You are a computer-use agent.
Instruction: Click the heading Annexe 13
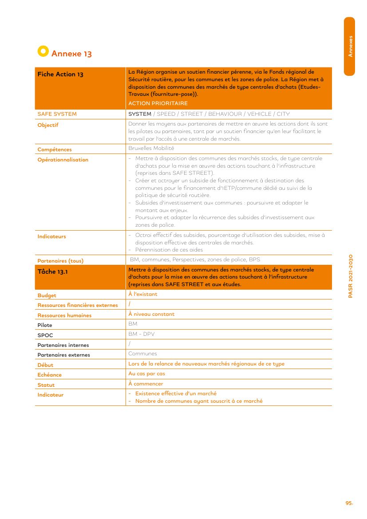71,54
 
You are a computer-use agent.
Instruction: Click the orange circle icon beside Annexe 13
43,51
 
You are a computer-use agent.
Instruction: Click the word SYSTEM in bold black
140,114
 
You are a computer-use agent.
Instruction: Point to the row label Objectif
48,125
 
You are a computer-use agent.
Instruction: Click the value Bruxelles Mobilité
151,148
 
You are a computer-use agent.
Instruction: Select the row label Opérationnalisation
63,160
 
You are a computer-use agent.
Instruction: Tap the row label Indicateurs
51,236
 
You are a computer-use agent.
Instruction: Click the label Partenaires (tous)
60,261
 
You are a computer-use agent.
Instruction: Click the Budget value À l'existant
142,294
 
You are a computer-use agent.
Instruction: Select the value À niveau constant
151,314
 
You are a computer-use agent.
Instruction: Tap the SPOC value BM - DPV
141,334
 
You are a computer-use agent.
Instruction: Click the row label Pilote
45,325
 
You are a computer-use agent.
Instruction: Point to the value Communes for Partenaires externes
142,354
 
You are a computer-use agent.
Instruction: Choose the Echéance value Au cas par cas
146,374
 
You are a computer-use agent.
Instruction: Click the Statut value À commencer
146,384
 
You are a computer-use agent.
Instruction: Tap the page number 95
349,503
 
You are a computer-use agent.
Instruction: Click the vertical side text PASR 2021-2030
351,276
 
